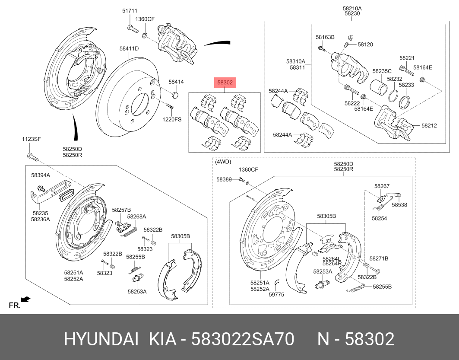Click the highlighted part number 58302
point(225,82)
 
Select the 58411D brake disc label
point(129,49)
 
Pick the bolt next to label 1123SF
point(29,155)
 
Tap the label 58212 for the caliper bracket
point(429,126)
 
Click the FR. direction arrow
point(25,299)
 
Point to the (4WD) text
point(223,162)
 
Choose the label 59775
point(276,295)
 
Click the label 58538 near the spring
point(399,205)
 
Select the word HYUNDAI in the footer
point(101,340)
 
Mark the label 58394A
point(41,175)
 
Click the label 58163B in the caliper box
point(325,38)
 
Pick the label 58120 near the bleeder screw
point(365,45)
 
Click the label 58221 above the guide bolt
point(407,57)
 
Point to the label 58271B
point(379,258)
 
